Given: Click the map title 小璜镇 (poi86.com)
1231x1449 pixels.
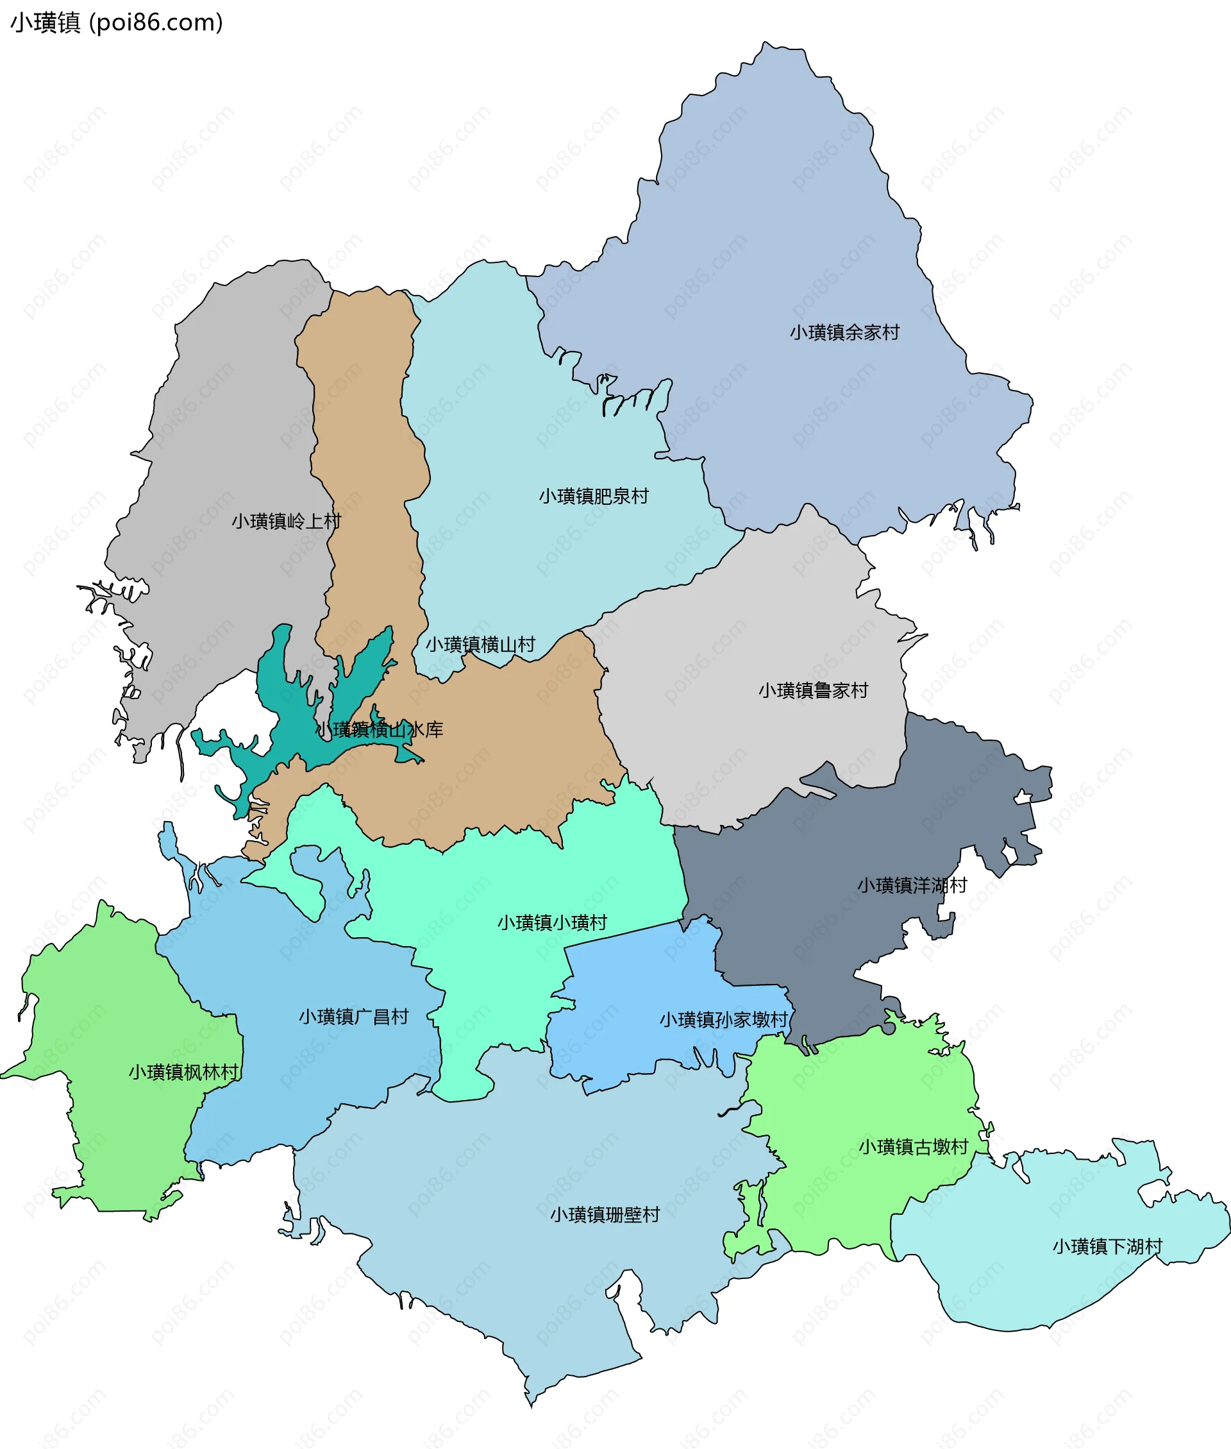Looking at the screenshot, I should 117,23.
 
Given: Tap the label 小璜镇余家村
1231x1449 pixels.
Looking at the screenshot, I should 844,332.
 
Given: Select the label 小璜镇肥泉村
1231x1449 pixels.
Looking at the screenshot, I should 593,496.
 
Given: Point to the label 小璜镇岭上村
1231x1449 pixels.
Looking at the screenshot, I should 286,521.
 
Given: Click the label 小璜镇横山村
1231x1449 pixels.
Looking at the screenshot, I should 480,644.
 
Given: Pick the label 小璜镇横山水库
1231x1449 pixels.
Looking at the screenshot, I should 380,730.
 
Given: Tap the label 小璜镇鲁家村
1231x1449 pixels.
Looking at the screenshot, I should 813,690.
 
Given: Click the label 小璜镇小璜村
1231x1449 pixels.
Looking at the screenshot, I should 552,923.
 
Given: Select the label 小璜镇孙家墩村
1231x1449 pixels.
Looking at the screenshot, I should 724,1020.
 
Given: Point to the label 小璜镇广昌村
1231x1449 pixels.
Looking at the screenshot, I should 354,1016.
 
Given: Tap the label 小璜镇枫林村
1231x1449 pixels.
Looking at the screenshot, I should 183,1072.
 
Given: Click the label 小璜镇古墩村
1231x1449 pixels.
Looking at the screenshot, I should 913,1147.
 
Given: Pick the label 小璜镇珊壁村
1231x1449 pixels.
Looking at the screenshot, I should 605,1214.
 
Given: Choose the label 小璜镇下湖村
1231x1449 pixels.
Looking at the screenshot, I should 1107,1246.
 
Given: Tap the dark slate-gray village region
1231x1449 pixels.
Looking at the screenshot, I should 823,928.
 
